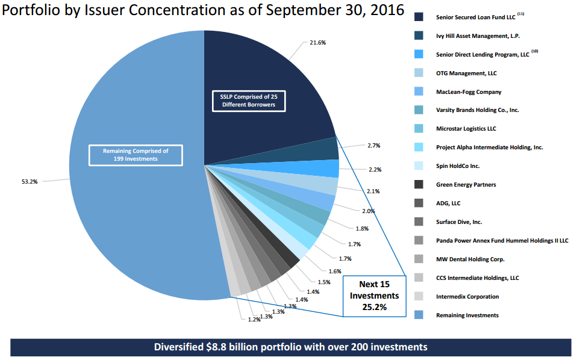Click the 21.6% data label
point(317,42)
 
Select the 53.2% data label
point(30,181)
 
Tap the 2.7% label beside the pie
point(374,145)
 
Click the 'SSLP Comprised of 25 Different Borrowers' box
point(249,101)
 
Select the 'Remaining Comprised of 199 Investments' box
point(136,155)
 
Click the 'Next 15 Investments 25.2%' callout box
point(375,296)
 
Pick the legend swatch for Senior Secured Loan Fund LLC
point(419,17)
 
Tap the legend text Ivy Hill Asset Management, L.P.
point(478,36)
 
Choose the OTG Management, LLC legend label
point(466,73)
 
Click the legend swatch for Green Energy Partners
point(419,184)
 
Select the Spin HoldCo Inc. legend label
point(458,166)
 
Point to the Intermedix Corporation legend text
point(467,296)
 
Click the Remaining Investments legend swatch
point(419,315)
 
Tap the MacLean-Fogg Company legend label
point(469,92)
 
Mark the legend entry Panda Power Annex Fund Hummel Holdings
point(502,240)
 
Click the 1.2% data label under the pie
point(254,320)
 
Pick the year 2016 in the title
point(387,10)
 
